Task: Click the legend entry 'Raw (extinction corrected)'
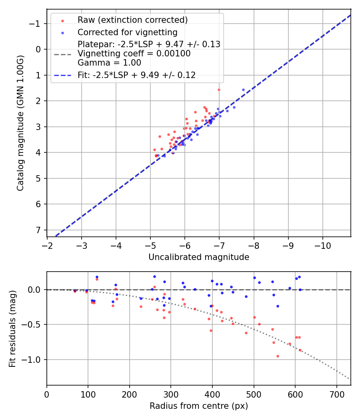[x=132, y=20]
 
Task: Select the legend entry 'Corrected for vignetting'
[x=128, y=32]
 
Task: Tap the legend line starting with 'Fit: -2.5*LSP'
[x=136, y=75]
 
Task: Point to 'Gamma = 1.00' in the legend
[x=109, y=63]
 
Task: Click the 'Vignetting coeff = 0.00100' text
[x=134, y=54]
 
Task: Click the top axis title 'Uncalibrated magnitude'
[x=199, y=257]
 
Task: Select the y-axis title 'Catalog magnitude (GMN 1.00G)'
[x=20, y=123]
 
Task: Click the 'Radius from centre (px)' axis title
[x=199, y=406]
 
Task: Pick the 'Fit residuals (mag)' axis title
[x=12, y=329]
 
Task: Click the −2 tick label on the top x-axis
[x=47, y=245]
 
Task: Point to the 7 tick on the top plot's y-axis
[x=39, y=230]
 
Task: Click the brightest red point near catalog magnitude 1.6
[x=219, y=90]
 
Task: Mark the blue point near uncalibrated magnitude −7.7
[x=243, y=90]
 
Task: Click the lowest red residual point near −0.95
[x=278, y=356]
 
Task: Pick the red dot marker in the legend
[x=62, y=20]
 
